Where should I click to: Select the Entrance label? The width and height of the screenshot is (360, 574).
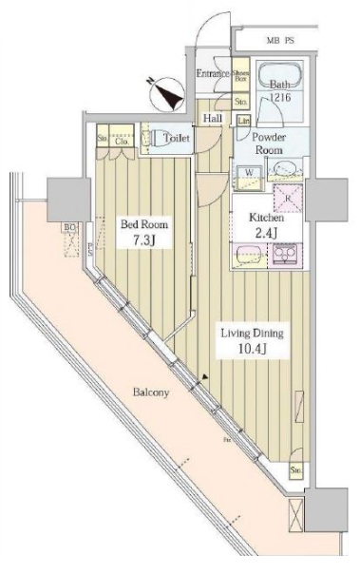click(x=213, y=75)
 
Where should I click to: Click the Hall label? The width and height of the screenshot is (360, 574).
click(x=212, y=119)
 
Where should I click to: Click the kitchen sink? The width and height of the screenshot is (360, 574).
click(x=249, y=255)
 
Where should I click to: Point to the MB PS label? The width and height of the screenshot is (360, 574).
click(x=282, y=42)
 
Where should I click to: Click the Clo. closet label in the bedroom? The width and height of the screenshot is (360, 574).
click(x=122, y=142)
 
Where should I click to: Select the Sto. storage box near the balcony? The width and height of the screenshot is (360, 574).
click(x=297, y=470)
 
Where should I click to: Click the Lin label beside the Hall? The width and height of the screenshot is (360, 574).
click(x=244, y=121)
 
